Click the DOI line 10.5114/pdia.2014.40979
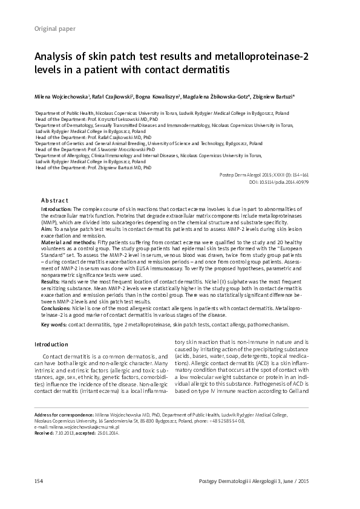click(279, 182)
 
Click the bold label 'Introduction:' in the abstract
click(56, 208)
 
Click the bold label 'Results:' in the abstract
click(50, 282)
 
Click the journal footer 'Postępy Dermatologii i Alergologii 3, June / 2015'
click(257, 481)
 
